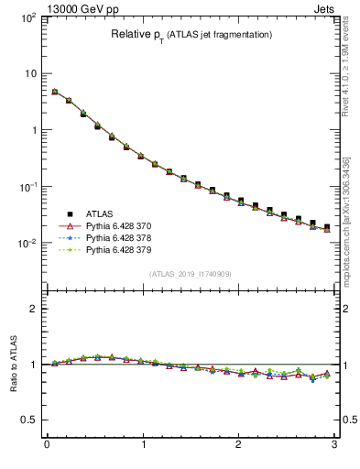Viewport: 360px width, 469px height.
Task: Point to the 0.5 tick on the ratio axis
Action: (27, 420)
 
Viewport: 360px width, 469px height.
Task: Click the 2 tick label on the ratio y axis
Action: (32, 309)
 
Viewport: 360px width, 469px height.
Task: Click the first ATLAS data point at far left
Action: (55, 92)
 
